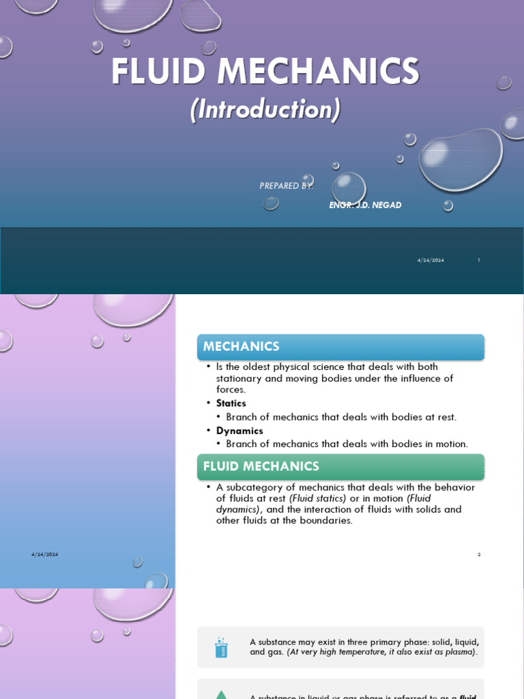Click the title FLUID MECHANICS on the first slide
pos(265,72)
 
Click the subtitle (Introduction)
pos(265,110)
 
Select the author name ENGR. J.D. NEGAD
pos(365,205)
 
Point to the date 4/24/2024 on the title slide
pos(431,260)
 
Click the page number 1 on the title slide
pos(479,260)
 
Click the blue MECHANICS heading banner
pos(340,347)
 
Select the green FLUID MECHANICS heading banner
pos(340,467)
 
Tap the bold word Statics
pos(231,403)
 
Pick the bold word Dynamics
pos(239,431)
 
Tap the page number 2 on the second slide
pos(479,554)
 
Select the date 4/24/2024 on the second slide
pos(44,554)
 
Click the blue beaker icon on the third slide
pos(221,647)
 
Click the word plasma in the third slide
pos(458,652)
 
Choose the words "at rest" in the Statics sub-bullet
pos(439,417)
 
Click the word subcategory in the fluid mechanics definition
pos(257,487)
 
